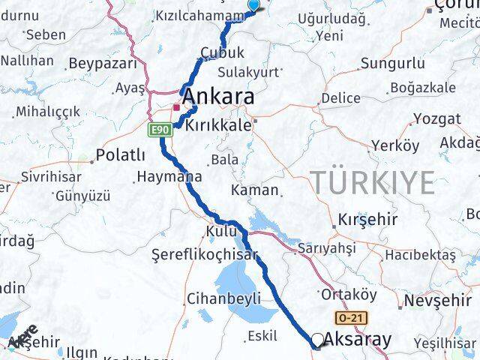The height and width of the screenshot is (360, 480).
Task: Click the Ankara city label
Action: [217, 97]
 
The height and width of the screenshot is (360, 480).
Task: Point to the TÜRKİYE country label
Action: [373, 182]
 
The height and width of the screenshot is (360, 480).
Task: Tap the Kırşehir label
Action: [366, 220]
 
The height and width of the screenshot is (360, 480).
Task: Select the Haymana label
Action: [169, 178]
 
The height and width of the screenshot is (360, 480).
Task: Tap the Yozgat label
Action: [436, 118]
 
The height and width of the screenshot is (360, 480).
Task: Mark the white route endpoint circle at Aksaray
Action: [318, 340]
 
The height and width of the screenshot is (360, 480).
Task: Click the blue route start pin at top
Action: [253, 5]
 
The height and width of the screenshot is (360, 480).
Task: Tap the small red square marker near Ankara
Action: [176, 106]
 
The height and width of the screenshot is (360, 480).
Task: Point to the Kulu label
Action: [220, 230]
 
